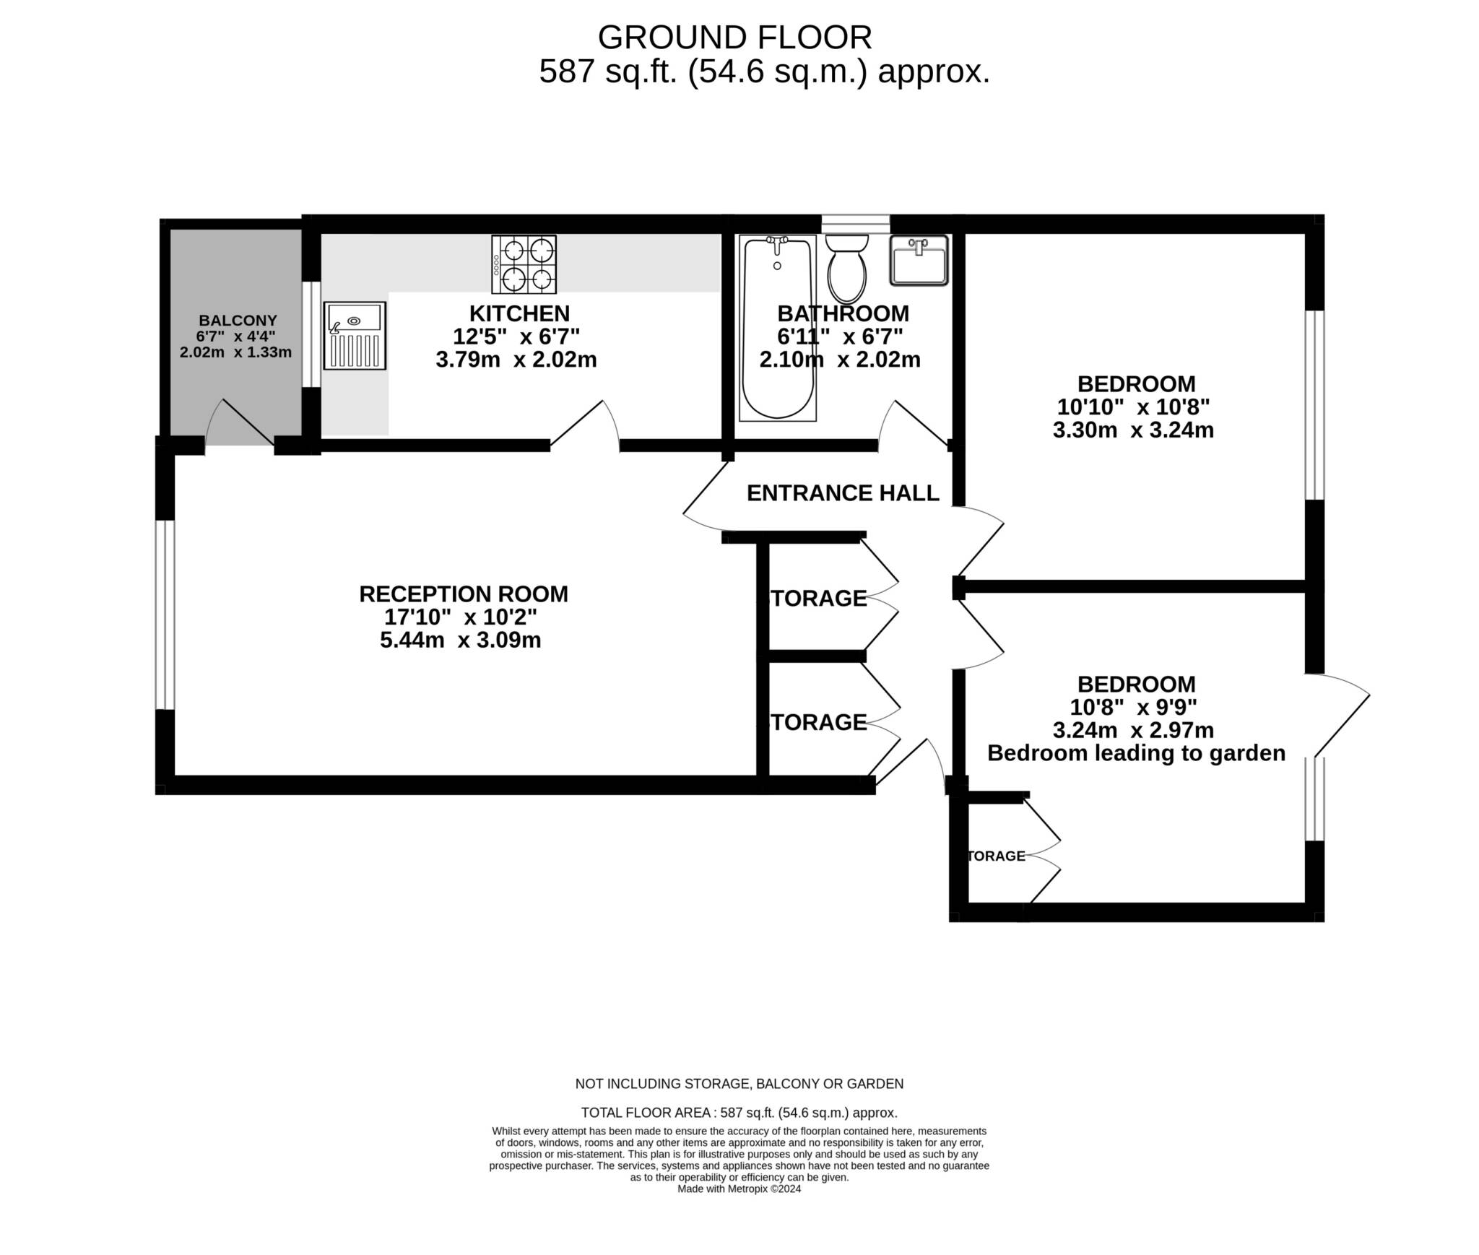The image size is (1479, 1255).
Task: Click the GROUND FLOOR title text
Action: [x=734, y=38]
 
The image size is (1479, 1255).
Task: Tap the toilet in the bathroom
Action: [x=847, y=268]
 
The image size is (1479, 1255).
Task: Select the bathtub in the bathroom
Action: [x=778, y=328]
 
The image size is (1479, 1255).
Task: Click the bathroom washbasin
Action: [x=919, y=261]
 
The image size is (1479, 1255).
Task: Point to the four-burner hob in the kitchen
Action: [x=524, y=265]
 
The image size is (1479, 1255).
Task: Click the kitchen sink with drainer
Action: [x=355, y=336]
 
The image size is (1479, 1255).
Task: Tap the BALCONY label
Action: [x=238, y=321]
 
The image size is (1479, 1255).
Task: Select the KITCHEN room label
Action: [x=520, y=313]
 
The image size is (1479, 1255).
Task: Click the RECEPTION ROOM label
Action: [x=464, y=594]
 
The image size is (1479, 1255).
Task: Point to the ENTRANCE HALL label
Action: [x=843, y=493]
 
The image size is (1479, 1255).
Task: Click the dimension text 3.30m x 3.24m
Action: [x=1133, y=430]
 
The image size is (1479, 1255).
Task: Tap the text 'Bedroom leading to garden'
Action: [x=1136, y=753]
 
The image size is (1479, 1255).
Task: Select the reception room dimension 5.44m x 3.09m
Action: [x=461, y=640]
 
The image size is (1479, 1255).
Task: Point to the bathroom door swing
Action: [x=914, y=425]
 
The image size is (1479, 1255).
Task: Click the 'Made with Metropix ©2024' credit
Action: [x=739, y=1189]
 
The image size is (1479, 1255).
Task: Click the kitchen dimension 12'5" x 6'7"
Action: [x=516, y=336]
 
